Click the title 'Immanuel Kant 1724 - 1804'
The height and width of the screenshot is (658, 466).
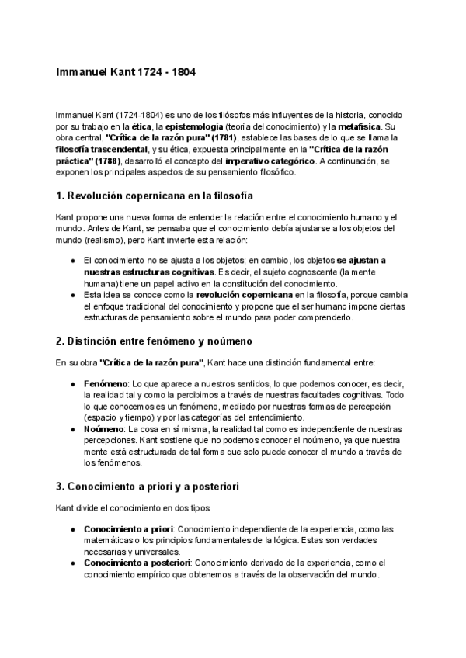pos(126,72)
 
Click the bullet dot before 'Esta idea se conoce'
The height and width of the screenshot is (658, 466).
pos(72,296)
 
